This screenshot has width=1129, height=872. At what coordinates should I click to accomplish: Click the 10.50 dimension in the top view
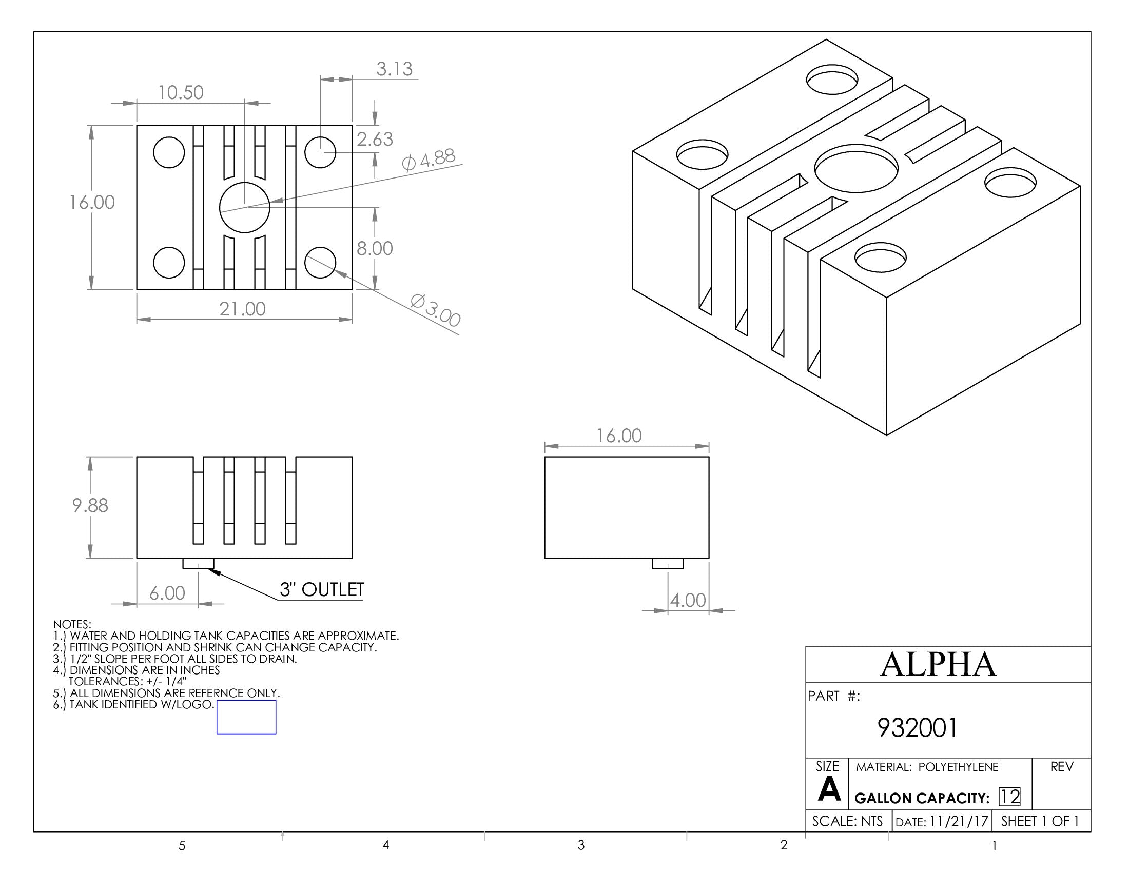coord(181,92)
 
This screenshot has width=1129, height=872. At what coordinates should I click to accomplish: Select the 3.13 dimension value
coord(394,69)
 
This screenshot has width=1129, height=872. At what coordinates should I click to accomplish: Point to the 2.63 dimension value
coord(375,139)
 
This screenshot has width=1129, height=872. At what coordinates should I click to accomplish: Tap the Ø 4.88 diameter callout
coord(429,160)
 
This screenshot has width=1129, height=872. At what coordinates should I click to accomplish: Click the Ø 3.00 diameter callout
coord(435,310)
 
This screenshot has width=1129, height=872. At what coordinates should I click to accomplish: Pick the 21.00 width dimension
coord(242,309)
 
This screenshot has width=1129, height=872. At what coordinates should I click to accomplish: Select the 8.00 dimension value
coord(375,248)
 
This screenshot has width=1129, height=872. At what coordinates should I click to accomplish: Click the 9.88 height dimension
coord(90,505)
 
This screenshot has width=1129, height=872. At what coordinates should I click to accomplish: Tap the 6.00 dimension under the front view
coord(167,593)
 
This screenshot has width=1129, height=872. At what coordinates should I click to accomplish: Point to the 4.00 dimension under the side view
coord(688,600)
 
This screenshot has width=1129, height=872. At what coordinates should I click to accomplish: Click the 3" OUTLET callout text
coord(322,589)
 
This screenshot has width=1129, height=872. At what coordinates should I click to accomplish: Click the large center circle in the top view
coord(244,207)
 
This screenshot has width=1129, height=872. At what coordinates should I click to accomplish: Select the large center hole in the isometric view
coord(856,168)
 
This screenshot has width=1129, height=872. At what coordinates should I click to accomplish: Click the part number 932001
coord(917,728)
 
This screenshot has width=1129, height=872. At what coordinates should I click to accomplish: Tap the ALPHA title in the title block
coord(938,664)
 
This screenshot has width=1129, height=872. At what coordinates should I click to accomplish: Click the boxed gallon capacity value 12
coord(1009,797)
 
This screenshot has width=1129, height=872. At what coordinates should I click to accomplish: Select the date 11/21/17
coord(959,821)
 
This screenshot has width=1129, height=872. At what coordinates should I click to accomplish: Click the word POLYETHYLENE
coord(958,767)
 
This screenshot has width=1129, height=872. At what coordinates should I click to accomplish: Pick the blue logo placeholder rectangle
coord(246,717)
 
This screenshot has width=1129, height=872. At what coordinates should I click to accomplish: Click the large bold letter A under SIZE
coord(829,789)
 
